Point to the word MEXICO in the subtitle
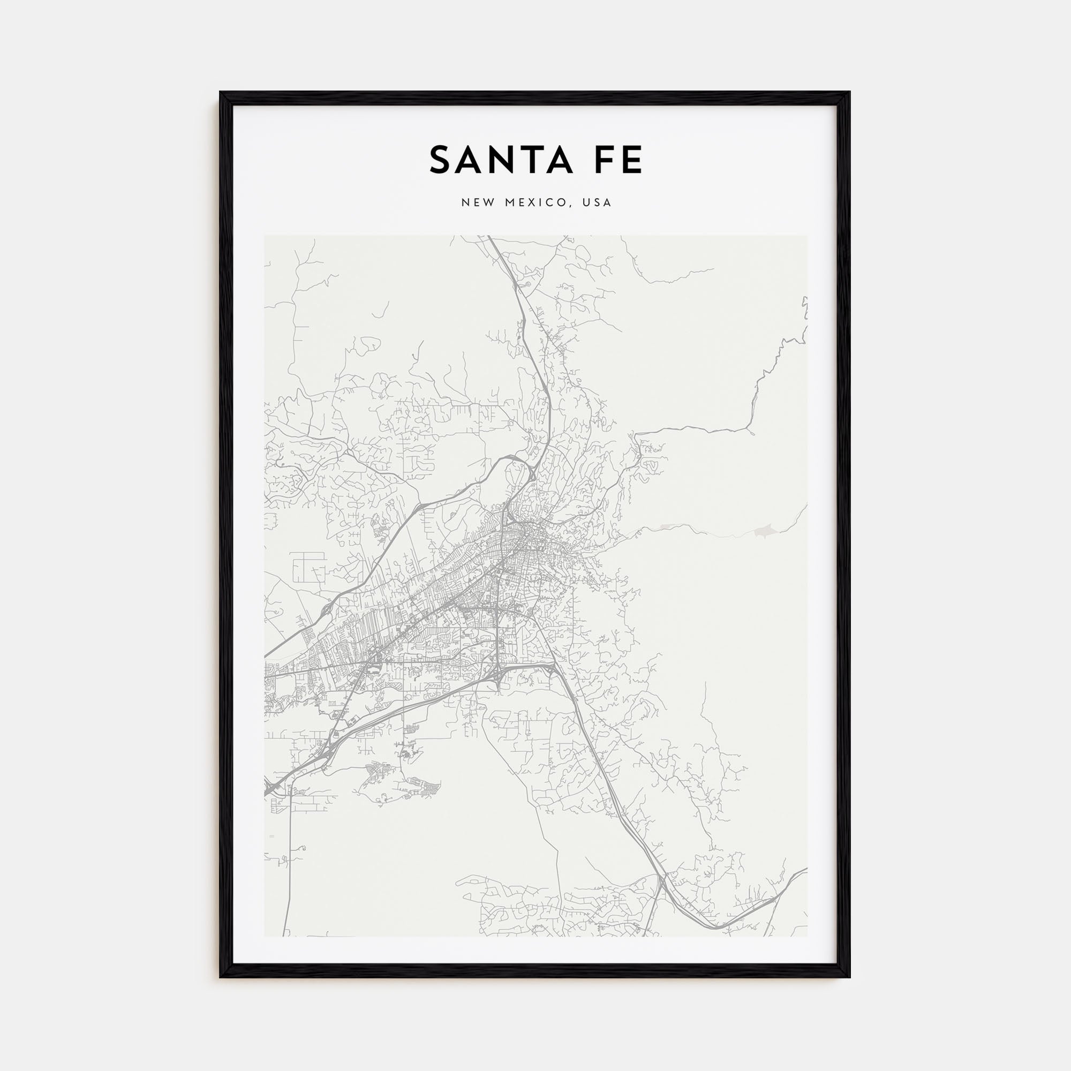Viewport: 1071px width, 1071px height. click(535, 203)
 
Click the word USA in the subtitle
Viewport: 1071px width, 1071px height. click(597, 203)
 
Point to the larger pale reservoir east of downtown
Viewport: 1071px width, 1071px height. click(763, 532)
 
